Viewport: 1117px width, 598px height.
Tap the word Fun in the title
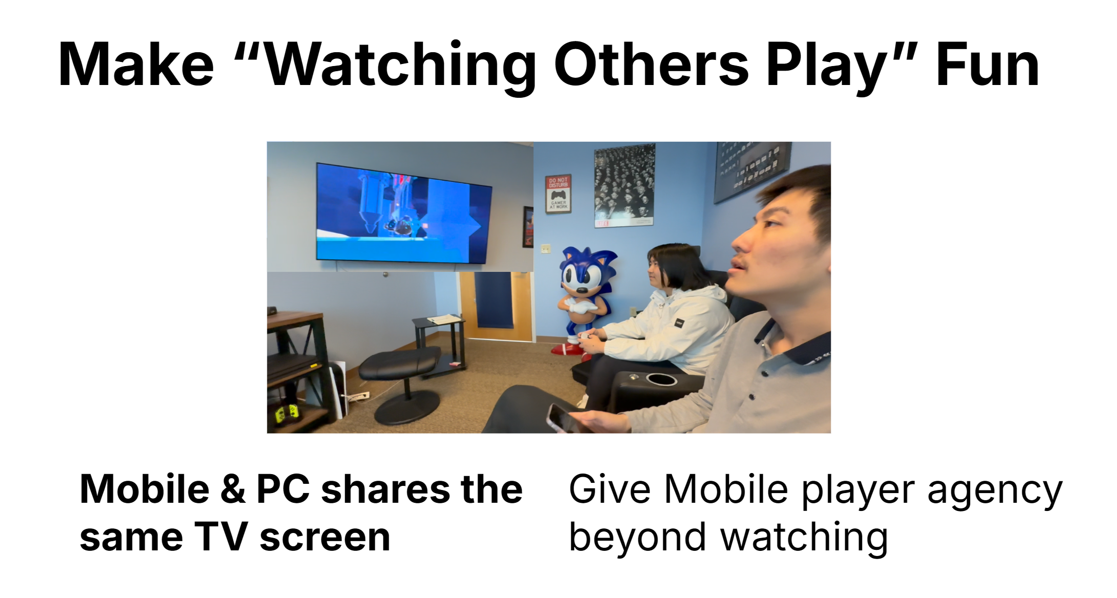point(987,65)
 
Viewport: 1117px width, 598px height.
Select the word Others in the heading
point(651,65)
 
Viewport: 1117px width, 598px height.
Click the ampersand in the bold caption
point(232,489)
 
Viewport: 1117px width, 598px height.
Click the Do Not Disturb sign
point(558,194)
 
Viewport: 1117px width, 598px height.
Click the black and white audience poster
point(625,185)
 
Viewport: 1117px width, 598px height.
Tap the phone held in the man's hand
point(563,419)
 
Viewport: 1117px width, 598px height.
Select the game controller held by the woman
point(586,336)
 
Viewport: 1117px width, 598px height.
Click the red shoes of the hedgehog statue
point(566,350)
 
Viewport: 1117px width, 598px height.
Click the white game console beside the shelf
point(339,388)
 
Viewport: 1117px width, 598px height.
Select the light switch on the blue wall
point(546,249)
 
